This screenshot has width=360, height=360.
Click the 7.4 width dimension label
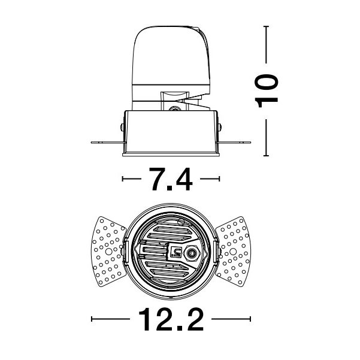(171, 179)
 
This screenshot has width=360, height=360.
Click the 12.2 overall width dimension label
(171, 319)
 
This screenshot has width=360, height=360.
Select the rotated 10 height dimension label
(267, 91)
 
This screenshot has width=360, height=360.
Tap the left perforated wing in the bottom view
(108, 252)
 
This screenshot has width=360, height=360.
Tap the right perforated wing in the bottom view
(233, 252)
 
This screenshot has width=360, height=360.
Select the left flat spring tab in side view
(107, 143)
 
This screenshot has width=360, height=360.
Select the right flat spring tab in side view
(234, 143)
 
